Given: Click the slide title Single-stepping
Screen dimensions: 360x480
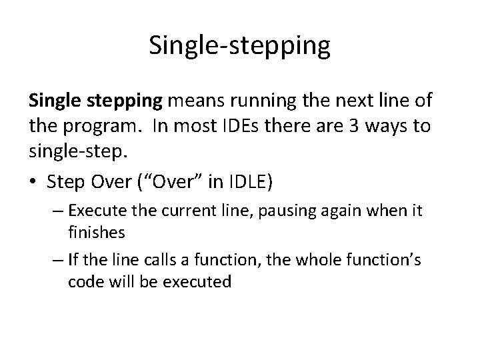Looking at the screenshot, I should pos(239,45).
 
